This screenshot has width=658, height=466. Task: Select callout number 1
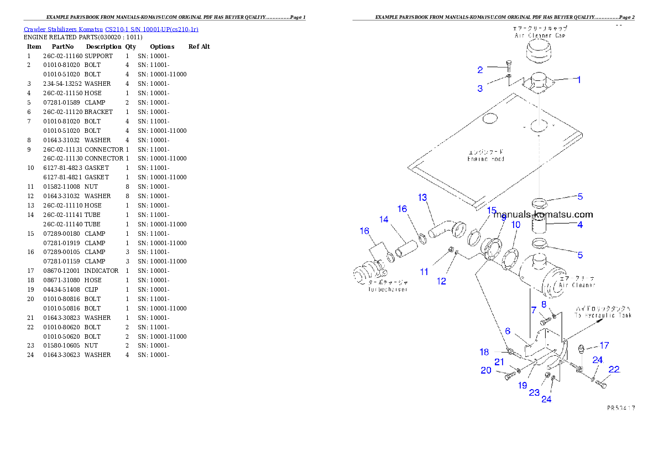pos(578,80)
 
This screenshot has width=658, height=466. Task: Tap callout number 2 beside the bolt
pos(481,70)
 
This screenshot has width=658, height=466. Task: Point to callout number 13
pos(422,197)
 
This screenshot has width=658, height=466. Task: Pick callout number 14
pos(384,219)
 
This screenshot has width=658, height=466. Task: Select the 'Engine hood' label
pos(486,156)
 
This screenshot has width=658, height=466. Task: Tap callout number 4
pos(580,225)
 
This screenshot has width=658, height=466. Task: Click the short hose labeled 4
pos(539,226)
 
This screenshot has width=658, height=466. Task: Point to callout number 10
pos(515,225)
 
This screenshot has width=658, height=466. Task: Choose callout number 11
pos(424,272)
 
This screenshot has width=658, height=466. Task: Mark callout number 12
pos(441,281)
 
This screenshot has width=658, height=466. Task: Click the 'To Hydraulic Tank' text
pos(603,312)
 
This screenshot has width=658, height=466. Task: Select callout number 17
pos(604,345)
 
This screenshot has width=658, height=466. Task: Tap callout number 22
pos(614,370)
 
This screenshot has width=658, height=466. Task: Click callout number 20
pos(486,371)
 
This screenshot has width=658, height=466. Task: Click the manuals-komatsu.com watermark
pos(543,215)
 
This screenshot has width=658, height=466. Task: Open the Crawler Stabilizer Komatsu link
pos(111,29)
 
